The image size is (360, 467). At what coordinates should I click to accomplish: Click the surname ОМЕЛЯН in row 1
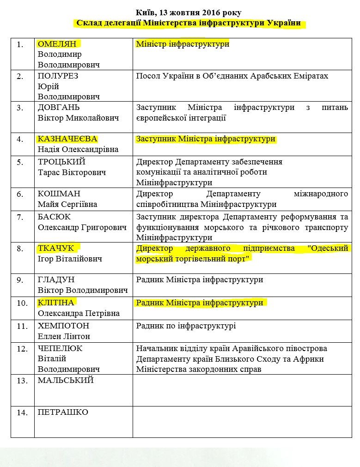[58, 44]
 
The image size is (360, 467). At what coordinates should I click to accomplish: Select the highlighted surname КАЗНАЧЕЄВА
[67, 139]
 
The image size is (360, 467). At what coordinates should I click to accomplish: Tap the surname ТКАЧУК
[56, 249]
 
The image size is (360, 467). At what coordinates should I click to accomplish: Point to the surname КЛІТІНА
[56, 303]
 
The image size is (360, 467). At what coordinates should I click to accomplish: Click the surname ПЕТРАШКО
[63, 412]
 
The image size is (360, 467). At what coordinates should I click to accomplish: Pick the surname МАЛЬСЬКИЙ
[66, 380]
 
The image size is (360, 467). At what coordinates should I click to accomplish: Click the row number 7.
[20, 217]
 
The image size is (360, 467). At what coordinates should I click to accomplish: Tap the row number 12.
[22, 349]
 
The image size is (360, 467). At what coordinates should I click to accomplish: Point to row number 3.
[20, 108]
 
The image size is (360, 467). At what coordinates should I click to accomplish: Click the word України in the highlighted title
[287, 23]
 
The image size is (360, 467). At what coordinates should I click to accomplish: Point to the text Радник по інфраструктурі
[186, 326]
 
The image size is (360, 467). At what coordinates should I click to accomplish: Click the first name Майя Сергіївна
[67, 204]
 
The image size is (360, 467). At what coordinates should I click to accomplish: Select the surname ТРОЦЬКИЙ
[61, 162]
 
